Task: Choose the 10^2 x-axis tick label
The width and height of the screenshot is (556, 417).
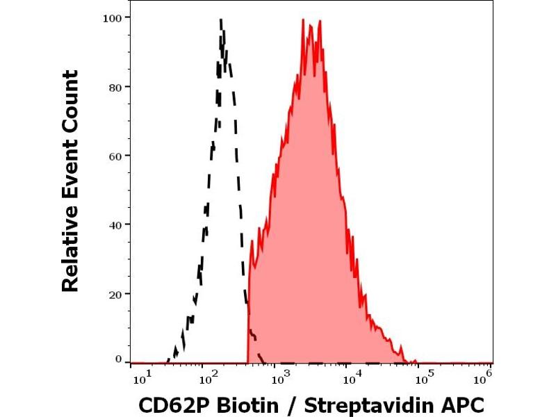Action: (206, 377)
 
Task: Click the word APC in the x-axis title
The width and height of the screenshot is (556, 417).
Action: (462, 404)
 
